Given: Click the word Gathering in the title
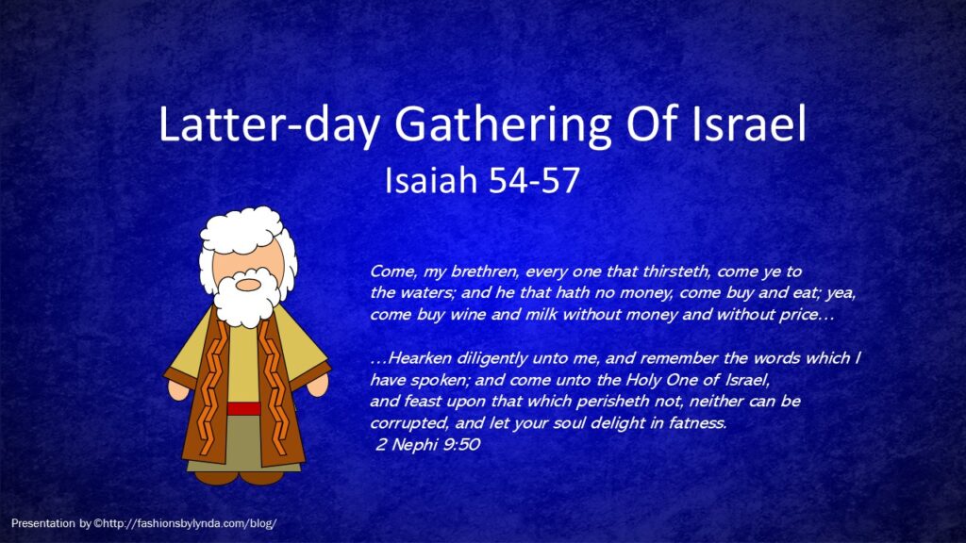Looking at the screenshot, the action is (503, 126).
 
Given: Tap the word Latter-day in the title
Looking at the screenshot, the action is (269, 125).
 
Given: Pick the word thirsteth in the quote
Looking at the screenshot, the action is (676, 271).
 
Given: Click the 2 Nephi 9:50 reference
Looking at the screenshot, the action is (427, 445).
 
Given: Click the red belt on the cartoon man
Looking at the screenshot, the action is (244, 409).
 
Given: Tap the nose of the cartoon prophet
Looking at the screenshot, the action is (248, 285).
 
